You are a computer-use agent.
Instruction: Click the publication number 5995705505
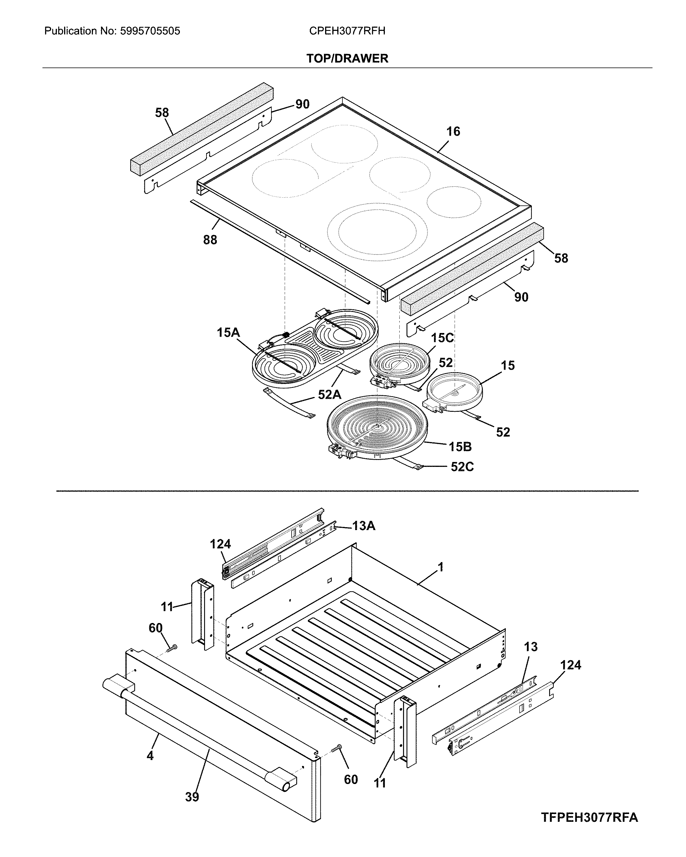click(x=149, y=31)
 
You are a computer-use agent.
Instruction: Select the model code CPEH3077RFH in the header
click(x=347, y=31)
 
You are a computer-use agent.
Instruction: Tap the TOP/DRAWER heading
click(x=347, y=58)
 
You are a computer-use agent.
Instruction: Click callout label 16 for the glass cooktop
click(x=453, y=131)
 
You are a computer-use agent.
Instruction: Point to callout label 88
click(x=210, y=240)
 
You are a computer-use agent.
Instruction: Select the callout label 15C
click(x=442, y=338)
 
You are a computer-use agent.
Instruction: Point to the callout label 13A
click(x=363, y=526)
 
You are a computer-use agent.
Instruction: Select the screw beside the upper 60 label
click(x=171, y=649)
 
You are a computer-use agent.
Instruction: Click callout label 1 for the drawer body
click(x=440, y=567)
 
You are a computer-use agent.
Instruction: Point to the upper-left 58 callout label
click(x=162, y=113)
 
